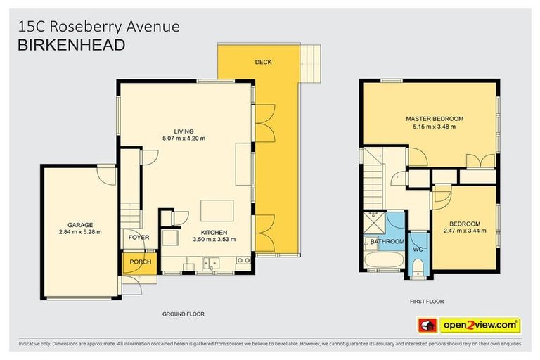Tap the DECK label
click(x=263, y=63)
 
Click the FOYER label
click(x=139, y=238)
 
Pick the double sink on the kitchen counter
click(x=211, y=264)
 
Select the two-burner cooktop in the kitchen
click(x=244, y=261)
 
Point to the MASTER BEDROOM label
click(x=434, y=119)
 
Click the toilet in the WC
click(x=418, y=266)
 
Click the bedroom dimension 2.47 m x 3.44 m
click(x=465, y=231)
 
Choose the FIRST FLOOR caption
click(x=427, y=301)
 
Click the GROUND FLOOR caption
click(x=183, y=314)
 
